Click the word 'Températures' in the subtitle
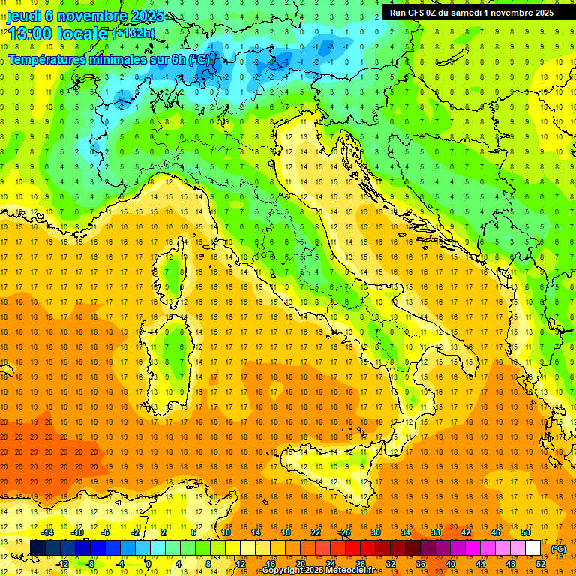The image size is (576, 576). tap(46, 58)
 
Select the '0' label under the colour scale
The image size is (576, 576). tap(148, 564)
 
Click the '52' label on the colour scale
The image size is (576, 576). tap(541, 564)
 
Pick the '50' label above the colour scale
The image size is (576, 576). tap(526, 532)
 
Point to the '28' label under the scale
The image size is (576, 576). tap(360, 564)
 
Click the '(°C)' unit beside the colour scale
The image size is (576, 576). tap(559, 549)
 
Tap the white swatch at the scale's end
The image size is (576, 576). tap(533, 548)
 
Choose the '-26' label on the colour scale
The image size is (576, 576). tap(344, 532)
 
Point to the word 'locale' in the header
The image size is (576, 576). tap(80, 34)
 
